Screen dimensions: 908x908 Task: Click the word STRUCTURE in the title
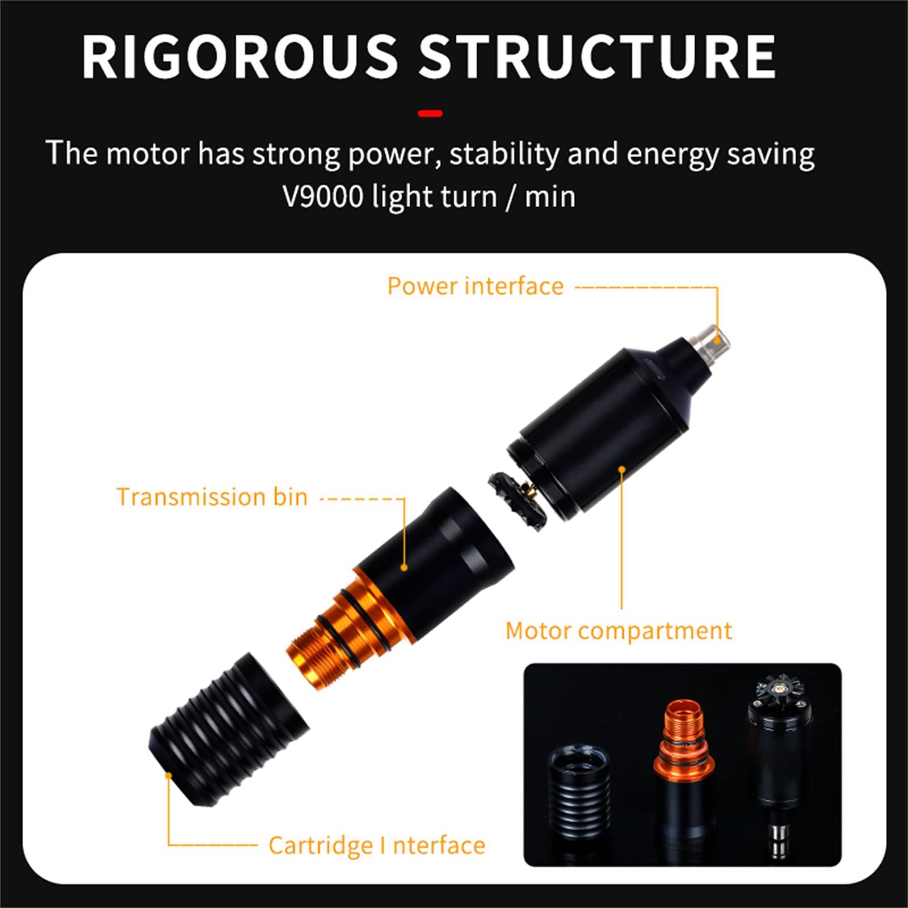(x=598, y=56)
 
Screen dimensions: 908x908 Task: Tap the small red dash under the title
(x=430, y=113)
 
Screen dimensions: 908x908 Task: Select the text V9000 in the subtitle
(x=323, y=196)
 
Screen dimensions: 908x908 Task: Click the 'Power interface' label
(x=476, y=285)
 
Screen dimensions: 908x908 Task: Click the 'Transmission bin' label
(x=212, y=497)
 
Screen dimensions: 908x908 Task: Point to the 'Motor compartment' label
(x=619, y=630)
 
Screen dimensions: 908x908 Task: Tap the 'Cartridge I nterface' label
(x=377, y=845)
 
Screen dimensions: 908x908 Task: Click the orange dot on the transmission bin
(x=404, y=567)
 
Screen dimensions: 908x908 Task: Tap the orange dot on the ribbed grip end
(x=169, y=775)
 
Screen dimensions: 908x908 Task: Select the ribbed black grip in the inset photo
(x=580, y=789)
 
